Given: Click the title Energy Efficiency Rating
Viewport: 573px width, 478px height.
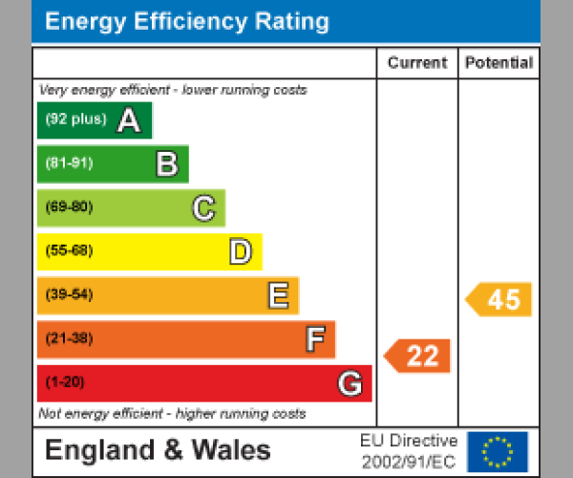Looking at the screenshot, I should tap(187, 22).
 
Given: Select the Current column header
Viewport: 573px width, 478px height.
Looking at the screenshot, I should tap(416, 63).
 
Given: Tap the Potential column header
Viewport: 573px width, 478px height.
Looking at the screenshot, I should tap(499, 63).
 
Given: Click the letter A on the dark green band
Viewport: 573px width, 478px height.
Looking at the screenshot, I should tap(129, 120).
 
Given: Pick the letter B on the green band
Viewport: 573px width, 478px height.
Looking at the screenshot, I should tap(167, 164).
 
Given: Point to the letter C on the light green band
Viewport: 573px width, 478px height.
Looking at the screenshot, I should tap(203, 207).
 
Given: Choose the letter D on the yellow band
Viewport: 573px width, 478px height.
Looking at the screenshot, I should tap(241, 251).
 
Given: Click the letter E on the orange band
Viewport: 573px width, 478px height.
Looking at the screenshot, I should tap(278, 295).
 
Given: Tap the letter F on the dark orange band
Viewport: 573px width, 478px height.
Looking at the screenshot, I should tap(314, 339).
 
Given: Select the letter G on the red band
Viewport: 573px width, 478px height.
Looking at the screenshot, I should tap(350, 383).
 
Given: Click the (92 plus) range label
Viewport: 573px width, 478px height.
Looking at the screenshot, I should tap(75, 120).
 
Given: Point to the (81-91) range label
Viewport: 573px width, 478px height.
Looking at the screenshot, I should tap(69, 163).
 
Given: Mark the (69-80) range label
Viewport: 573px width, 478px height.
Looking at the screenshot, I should tap(69, 207).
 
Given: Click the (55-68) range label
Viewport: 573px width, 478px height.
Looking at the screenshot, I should tap(69, 251).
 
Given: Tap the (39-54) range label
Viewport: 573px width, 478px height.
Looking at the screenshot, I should tap(69, 295).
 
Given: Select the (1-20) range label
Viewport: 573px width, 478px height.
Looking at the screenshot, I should tap(65, 383).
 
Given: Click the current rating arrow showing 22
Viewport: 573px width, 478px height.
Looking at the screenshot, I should tap(417, 356).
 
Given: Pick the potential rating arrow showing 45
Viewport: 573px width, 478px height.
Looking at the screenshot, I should tap(499, 299).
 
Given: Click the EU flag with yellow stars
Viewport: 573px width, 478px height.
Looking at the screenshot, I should tap(497, 451).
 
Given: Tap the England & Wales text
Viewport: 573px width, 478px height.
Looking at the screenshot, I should tap(158, 450).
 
